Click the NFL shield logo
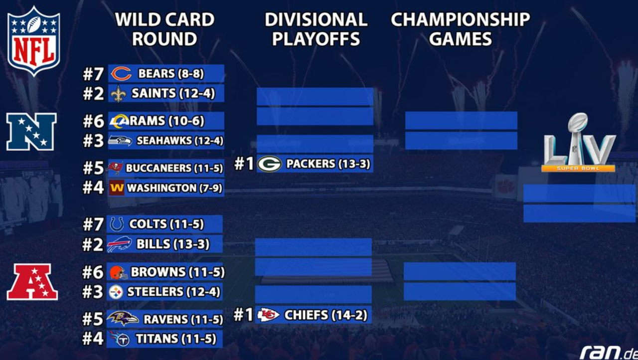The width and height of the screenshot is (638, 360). click(34, 41)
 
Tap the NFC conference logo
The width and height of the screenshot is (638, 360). click(31, 132)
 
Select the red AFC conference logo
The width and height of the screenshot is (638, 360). click(32, 282)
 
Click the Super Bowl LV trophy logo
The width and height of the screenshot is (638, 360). click(579, 143)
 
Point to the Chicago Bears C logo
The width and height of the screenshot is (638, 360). click(121, 74)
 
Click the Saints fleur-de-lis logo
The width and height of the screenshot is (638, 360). click(118, 94)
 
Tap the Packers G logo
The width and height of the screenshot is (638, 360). click(269, 164)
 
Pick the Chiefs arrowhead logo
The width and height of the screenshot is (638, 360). click(268, 315)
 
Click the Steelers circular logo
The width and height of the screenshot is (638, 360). click(116, 292)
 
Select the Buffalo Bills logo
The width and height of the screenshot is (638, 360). click(119, 244)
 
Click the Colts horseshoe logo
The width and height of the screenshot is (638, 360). click(117, 224)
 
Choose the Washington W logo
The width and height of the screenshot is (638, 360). click(117, 188)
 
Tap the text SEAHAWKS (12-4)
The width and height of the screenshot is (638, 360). click(180, 141)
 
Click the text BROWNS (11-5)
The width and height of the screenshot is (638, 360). click(177, 272)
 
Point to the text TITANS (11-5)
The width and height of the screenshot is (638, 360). click(176, 339)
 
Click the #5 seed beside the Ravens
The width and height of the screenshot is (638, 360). click(93, 319)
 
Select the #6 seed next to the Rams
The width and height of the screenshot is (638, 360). click(93, 121)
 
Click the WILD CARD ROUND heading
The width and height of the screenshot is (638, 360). click(164, 29)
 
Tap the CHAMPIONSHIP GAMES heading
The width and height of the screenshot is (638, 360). click(460, 29)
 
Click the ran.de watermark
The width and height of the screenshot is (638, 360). click(609, 353)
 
